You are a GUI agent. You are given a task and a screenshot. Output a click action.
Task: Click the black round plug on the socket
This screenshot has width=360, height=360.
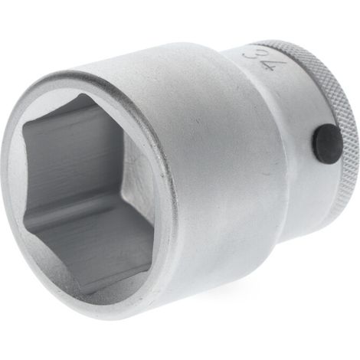327,142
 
